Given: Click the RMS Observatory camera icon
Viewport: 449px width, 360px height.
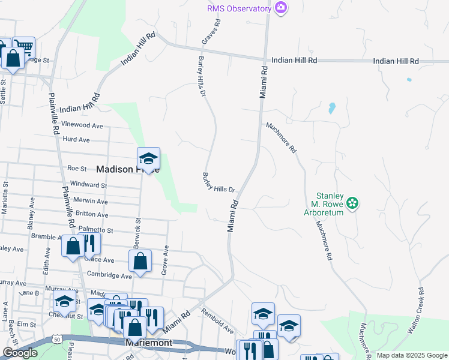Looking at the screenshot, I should pos(280,7).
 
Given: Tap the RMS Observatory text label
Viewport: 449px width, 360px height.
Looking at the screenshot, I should pos(239,8).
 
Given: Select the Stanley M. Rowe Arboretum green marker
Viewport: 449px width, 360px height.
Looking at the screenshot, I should pos(354,203).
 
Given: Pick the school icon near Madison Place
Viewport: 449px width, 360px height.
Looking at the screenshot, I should pos(148,158).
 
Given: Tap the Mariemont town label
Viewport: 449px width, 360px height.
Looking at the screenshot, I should pos(149,343).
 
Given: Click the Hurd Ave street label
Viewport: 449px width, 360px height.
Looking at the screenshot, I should pos(76,140).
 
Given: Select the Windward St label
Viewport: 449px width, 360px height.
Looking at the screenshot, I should pos(88,185).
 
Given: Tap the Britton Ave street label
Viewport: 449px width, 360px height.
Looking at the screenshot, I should pos(92,214).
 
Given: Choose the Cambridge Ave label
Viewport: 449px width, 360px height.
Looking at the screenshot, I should pos(109,276).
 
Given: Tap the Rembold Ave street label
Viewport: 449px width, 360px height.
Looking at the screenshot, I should pos(218,321).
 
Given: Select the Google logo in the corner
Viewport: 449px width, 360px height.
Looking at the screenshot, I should pos(20,353).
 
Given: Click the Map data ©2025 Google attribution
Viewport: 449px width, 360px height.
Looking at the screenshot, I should pos(412,355).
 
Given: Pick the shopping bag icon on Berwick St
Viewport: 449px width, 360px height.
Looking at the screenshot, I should pos(140,261).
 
